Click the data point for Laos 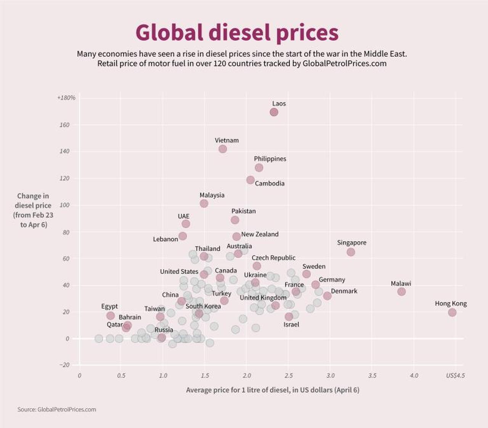point(274,112)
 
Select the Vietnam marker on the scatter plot point(223,149)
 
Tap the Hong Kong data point point(452,313)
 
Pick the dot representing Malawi point(401,292)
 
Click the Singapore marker point(351,252)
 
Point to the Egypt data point point(111,316)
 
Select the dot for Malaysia point(204,204)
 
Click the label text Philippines point(270,159)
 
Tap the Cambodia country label point(270,183)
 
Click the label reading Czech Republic point(273,258)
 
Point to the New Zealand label point(260,234)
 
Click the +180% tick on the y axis point(66,98)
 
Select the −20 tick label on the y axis point(64,365)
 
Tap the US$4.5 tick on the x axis point(455,375)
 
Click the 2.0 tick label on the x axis point(247,375)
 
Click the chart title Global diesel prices point(237,32)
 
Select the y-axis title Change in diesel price point(33,210)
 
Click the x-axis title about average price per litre point(273,390)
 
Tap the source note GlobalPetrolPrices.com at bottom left point(57,409)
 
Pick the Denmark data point point(327,296)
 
